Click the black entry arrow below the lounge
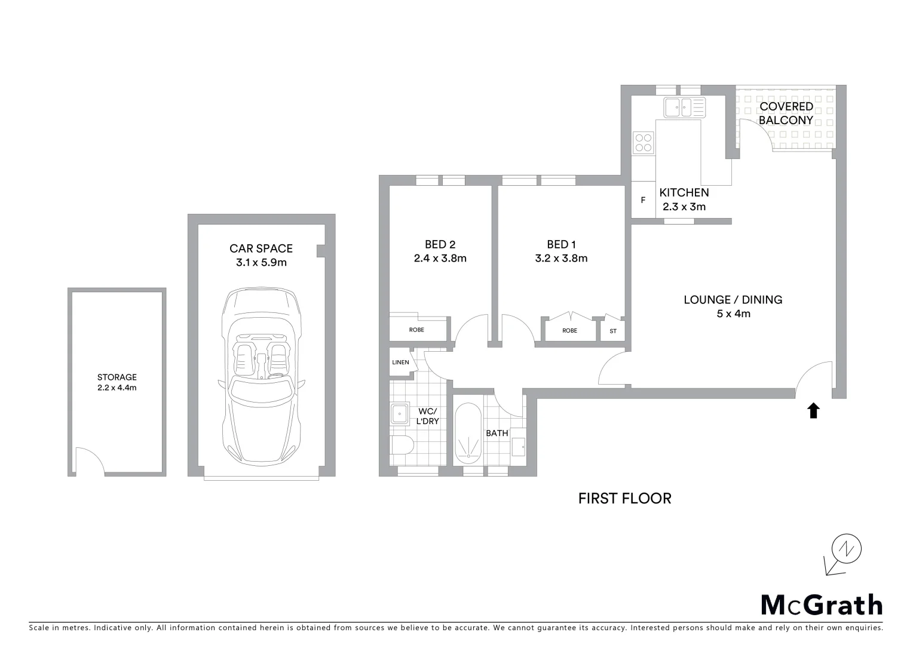[x=813, y=411]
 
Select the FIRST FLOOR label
[x=624, y=498]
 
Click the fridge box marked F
[x=643, y=200]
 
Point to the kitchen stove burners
[x=644, y=143]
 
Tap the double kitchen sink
[x=684, y=107]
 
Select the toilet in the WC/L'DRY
[x=402, y=444]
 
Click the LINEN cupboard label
[x=400, y=363]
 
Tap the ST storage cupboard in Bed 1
[x=613, y=331]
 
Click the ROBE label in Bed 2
[x=416, y=330]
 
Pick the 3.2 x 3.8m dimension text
[x=561, y=259]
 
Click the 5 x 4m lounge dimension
[x=733, y=314]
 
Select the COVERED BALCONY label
[x=786, y=113]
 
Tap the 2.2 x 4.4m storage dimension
[x=117, y=388]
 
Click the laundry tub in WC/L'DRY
[x=399, y=413]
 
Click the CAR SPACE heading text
[x=261, y=248]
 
